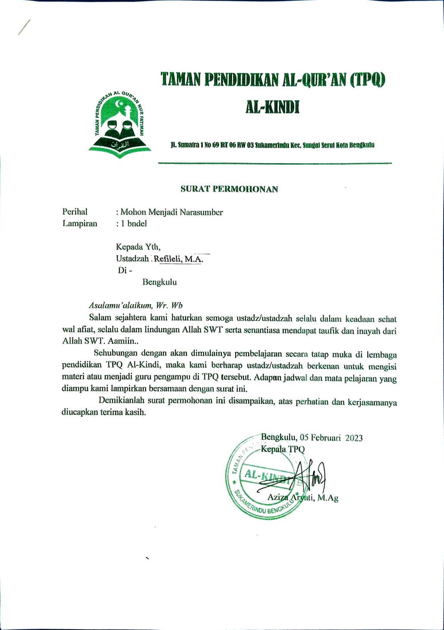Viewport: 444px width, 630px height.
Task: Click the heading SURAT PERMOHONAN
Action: [229, 189]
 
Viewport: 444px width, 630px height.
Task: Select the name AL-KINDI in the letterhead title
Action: [272, 107]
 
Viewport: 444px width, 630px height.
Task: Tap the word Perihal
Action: [75, 212]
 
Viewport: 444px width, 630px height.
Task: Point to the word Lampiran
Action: [80, 224]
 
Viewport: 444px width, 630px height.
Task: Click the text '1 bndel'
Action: [133, 224]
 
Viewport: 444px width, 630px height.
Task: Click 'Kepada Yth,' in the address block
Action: [138, 247]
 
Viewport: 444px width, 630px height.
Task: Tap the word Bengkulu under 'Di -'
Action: [159, 282]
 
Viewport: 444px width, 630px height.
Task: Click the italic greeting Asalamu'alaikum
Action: [120, 306]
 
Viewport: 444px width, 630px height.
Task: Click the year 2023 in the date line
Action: [354, 438]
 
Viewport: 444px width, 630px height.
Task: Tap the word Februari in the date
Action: [326, 438]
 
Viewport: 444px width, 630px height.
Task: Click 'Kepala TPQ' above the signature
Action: [283, 449]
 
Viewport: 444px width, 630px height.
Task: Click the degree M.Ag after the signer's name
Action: [327, 498]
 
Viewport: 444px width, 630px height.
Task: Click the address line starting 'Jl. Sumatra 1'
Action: [273, 145]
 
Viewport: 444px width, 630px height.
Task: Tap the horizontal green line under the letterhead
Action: [275, 163]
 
